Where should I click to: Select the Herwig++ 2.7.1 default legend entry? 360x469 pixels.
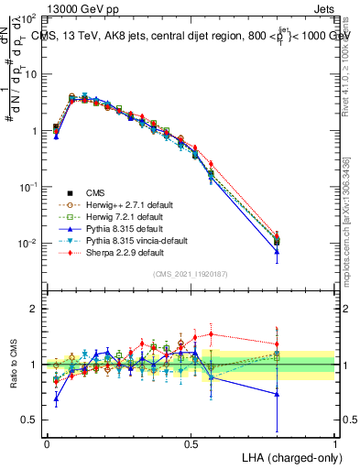click(124, 204)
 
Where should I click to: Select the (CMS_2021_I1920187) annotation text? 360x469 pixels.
click(191, 273)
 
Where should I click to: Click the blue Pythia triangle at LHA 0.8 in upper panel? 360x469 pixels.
click(277, 251)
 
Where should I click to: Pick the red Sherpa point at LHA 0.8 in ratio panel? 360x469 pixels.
click(277, 344)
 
